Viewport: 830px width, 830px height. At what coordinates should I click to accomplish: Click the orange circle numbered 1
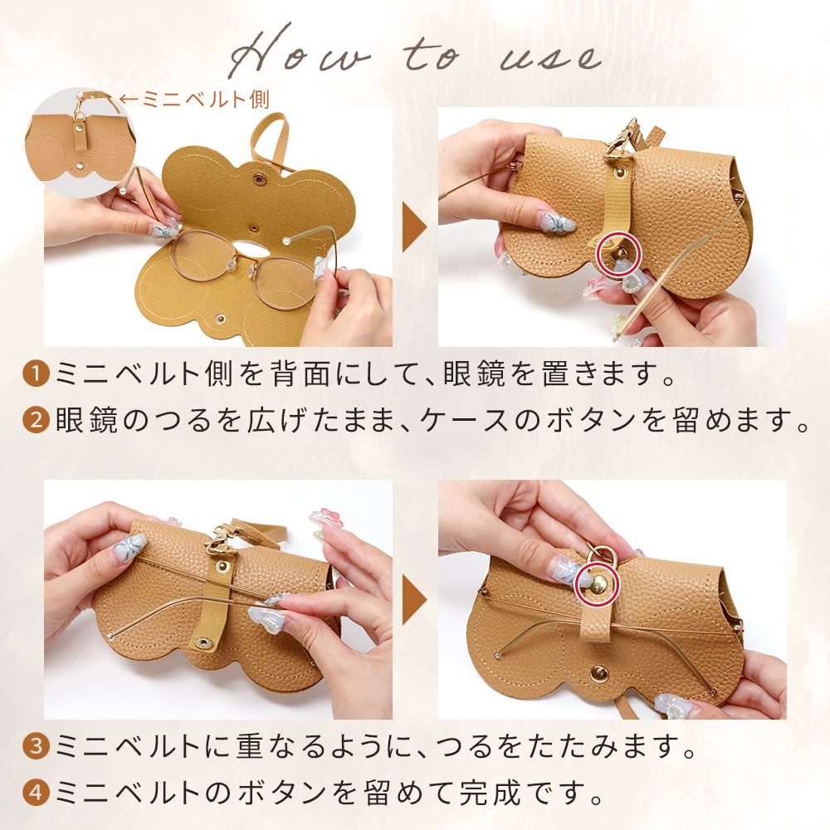pos(36,374)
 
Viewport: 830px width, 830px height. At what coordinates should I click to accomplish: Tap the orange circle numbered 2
pos(36,421)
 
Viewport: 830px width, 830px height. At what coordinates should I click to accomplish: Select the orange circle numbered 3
pos(36,746)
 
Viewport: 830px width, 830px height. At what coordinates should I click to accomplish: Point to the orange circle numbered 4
pos(36,793)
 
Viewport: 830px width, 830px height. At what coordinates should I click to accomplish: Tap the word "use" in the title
pos(550,57)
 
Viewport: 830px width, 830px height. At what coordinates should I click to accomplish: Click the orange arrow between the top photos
pos(414,227)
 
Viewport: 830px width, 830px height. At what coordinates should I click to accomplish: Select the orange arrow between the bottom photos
pos(414,600)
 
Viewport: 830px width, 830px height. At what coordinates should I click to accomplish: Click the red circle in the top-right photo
pos(619,256)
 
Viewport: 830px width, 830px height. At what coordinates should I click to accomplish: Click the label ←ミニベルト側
pos(195,99)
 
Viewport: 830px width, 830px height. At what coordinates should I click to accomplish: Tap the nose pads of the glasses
pos(239,265)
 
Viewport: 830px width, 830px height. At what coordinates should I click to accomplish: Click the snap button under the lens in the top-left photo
pos(220,318)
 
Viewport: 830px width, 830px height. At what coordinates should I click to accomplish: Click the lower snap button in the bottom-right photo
pos(598,674)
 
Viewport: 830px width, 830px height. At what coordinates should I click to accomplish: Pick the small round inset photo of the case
pos(80,143)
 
